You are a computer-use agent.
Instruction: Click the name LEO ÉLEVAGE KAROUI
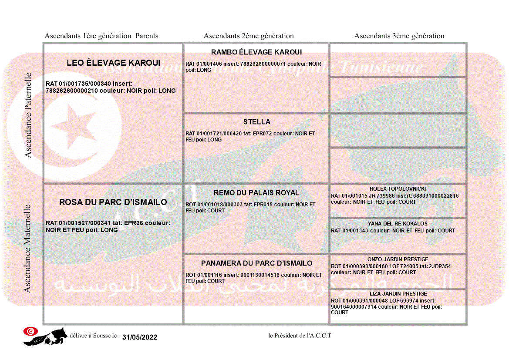pyautogui.click(x=113, y=63)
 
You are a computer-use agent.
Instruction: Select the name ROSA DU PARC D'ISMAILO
pyautogui.click(x=113, y=202)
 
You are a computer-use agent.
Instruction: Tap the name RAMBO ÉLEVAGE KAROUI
pyautogui.click(x=256, y=52)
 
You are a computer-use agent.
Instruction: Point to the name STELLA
pyautogui.click(x=256, y=122)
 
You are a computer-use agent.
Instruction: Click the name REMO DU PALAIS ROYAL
pyautogui.click(x=256, y=193)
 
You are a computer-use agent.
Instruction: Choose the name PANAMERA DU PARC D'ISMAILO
pyautogui.click(x=256, y=263)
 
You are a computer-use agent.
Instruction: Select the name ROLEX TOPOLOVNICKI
pyautogui.click(x=398, y=189)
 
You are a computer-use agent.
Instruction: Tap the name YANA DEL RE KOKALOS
pyautogui.click(x=398, y=224)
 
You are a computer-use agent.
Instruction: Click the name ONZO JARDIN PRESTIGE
pyautogui.click(x=398, y=259)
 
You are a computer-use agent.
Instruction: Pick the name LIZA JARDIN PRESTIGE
pyautogui.click(x=398, y=294)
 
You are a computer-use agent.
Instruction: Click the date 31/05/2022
pyautogui.click(x=140, y=337)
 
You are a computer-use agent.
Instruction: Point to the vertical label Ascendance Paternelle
pyautogui.click(x=29, y=115)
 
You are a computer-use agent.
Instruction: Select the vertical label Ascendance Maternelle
pyautogui.click(x=28, y=248)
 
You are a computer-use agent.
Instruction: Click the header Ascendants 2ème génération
pyautogui.click(x=249, y=36)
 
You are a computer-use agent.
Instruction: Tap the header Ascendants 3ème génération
pyautogui.click(x=399, y=36)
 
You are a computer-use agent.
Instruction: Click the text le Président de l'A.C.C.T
pyautogui.click(x=300, y=336)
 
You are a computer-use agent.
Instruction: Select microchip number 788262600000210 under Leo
pyautogui.click(x=72, y=91)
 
